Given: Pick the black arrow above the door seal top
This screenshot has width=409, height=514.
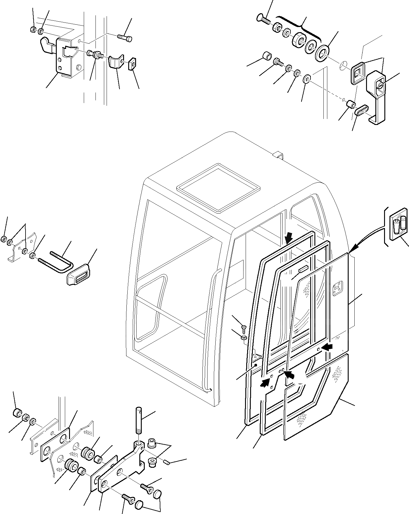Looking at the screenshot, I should (289, 239).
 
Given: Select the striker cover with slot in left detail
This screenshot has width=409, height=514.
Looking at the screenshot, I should (78, 274).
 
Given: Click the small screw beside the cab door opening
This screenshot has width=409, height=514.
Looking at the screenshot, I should (243, 328).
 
